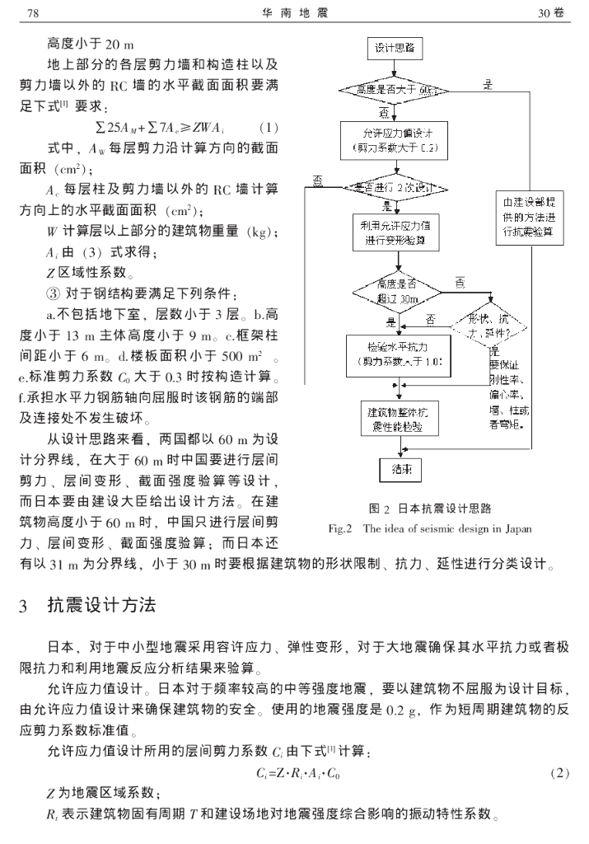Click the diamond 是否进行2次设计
pos(400,188)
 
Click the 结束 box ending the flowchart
pos(400,470)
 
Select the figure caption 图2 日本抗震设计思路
pos(428,508)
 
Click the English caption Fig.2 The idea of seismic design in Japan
pos(428,528)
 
